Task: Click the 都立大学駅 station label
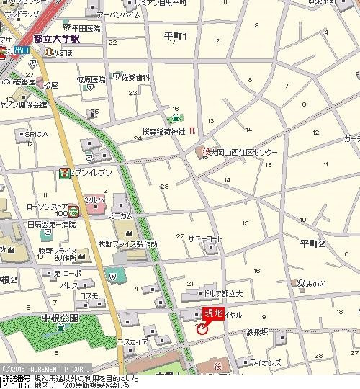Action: point(57,40)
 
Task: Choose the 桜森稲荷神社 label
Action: point(163,133)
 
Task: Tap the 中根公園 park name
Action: point(60,317)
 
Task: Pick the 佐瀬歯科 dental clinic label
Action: point(135,77)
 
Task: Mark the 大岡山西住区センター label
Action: point(244,153)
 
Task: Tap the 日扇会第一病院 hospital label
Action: point(51,225)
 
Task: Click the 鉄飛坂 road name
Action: point(257,331)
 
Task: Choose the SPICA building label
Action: point(37,134)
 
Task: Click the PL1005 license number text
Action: point(14,385)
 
